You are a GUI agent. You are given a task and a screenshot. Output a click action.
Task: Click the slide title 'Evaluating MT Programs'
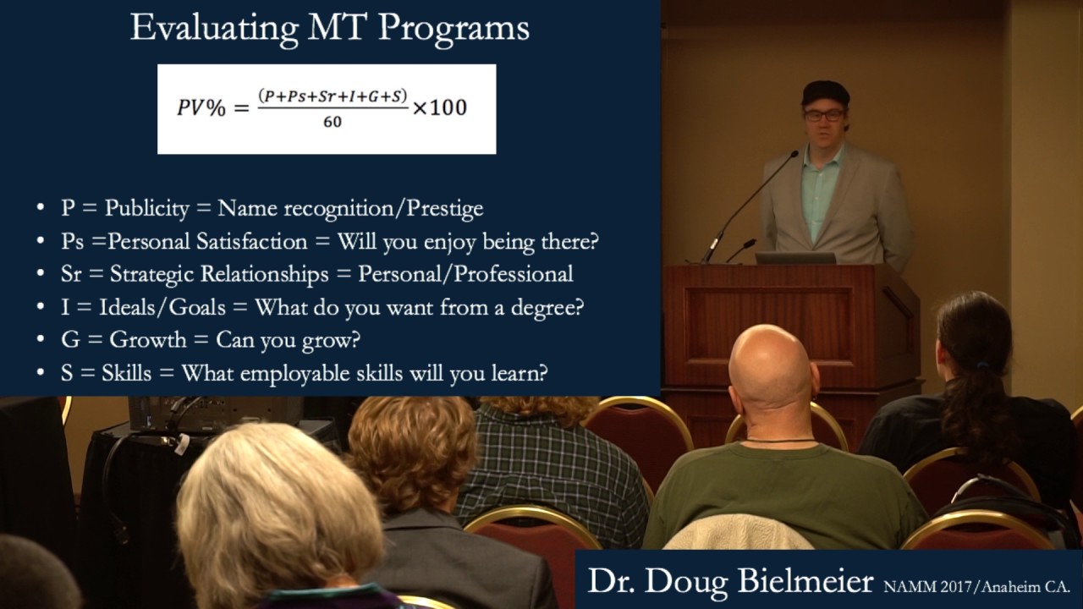[329, 28]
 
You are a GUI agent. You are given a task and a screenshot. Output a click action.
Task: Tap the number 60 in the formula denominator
[333, 123]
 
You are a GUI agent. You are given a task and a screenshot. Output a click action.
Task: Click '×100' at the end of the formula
[439, 108]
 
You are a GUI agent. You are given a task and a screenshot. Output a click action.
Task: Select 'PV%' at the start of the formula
[201, 108]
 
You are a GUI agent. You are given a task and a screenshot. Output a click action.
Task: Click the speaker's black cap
[825, 91]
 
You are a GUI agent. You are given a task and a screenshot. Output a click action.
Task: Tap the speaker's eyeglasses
[823, 115]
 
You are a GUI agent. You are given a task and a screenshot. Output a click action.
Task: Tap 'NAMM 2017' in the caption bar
[924, 584]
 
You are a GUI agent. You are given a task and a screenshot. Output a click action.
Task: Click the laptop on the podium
[794, 258]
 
